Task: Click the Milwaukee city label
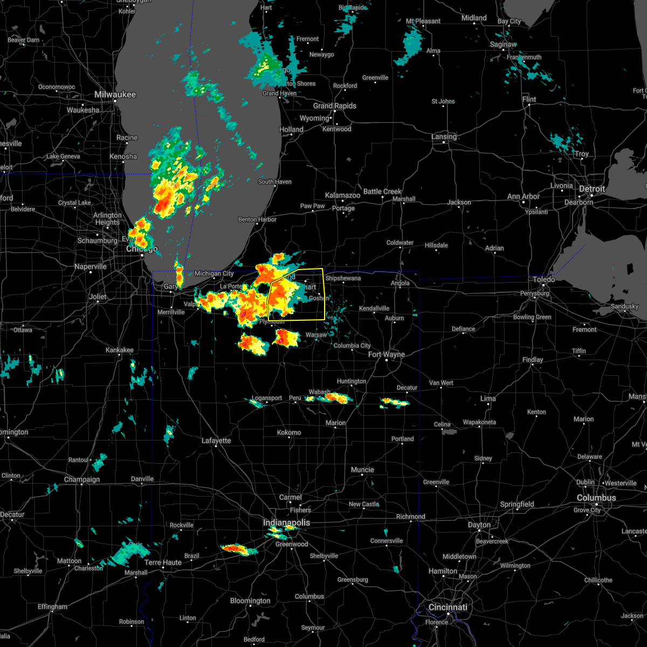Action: pos(115,94)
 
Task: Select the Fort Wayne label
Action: pos(387,354)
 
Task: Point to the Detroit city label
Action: pos(592,189)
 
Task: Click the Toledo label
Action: pos(544,280)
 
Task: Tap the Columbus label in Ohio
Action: pos(596,498)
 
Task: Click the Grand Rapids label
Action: pos(334,106)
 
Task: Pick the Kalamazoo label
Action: pos(342,195)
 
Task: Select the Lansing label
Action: pos(444,136)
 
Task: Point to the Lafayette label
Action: pos(216,440)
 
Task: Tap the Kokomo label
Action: pos(289,432)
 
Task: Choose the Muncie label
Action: pos(362,470)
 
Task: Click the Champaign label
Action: pos(82,479)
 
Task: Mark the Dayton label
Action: pos(479,525)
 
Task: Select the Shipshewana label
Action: pos(342,278)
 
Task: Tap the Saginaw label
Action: pos(503,45)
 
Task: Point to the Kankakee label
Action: pos(119,350)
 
